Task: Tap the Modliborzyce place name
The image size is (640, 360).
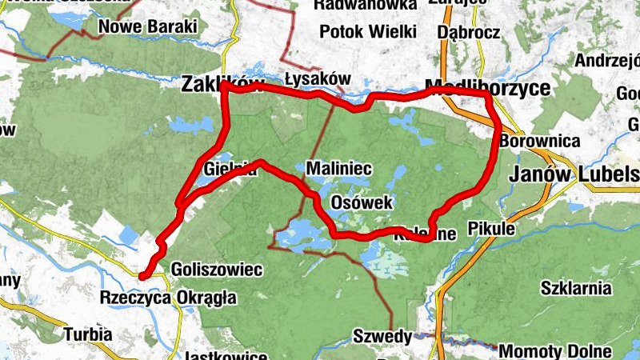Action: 488,86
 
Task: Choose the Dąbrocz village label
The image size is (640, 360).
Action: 469,33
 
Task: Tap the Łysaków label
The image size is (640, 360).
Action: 318,78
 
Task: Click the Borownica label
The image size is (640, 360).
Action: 539,141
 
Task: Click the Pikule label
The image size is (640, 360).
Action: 492,228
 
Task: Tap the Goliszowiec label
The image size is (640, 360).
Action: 217,270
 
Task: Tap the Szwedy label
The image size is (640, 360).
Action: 382,335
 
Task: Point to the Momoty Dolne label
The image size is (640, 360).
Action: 555,351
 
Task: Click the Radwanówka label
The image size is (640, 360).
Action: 365,5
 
